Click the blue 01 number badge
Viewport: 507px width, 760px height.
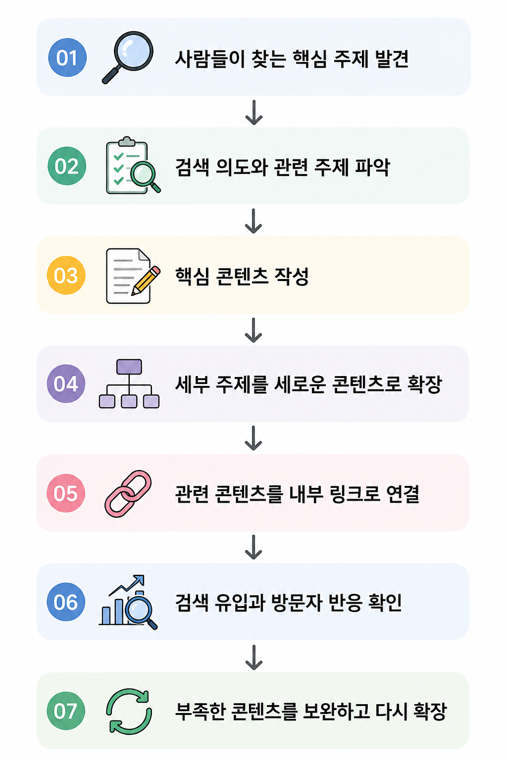point(67,57)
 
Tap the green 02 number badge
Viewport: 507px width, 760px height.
point(67,166)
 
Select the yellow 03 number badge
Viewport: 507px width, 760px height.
point(66,275)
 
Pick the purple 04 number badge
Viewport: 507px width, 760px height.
point(66,384)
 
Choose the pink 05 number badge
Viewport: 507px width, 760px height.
point(66,493)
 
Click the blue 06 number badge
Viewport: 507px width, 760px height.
point(66,602)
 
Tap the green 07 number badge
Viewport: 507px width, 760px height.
point(66,711)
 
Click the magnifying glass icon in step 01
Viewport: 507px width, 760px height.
point(128,57)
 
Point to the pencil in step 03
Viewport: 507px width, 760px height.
point(146,281)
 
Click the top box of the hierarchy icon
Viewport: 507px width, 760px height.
point(129,367)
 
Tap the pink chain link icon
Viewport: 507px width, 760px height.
point(128,494)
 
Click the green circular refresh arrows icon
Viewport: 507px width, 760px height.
point(129,711)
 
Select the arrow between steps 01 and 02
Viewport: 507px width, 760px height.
point(254,112)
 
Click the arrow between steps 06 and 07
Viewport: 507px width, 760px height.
point(254,657)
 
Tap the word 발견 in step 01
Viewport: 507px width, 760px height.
point(392,58)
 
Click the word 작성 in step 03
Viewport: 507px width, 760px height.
point(291,276)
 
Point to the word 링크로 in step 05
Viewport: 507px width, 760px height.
point(355,494)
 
